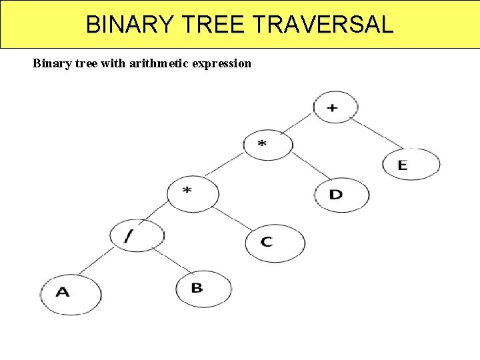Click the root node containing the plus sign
335,107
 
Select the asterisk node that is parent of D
267,145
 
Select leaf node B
203,289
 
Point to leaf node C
275,243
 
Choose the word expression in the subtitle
221,64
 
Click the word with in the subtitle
105,64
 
